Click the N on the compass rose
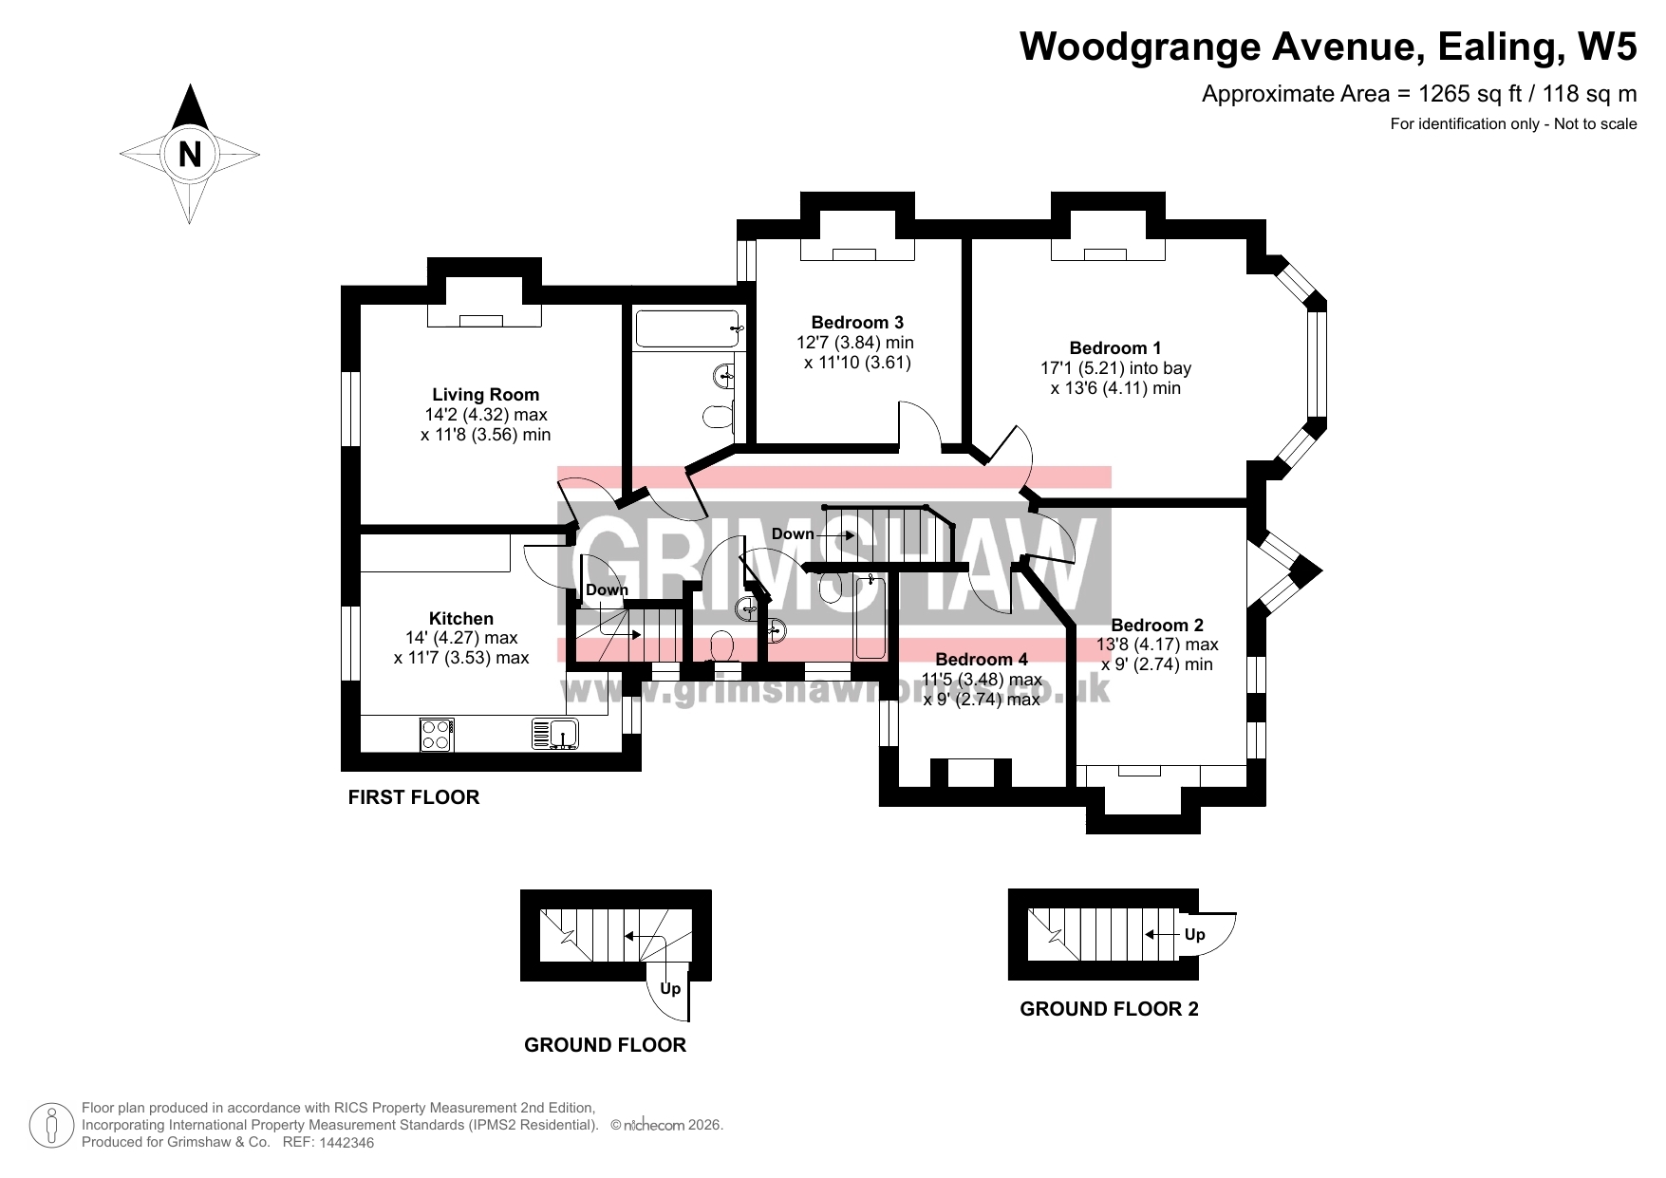pyautogui.click(x=190, y=154)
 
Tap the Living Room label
pyautogui.click(x=485, y=395)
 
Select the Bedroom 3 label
pyautogui.click(x=857, y=323)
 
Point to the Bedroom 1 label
pyautogui.click(x=1115, y=348)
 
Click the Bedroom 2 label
pyautogui.click(x=1157, y=625)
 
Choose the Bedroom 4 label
pyautogui.click(x=982, y=659)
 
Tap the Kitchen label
pyautogui.click(x=461, y=619)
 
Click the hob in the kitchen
pyautogui.click(x=437, y=734)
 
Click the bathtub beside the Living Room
pyautogui.click(x=688, y=329)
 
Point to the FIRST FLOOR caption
pyautogui.click(x=414, y=797)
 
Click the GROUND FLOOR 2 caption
pyautogui.click(x=1109, y=1009)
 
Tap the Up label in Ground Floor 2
pyautogui.click(x=1194, y=934)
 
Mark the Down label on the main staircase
pyautogui.click(x=793, y=533)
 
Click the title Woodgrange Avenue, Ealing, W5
pyautogui.click(x=1328, y=46)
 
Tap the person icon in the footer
pyautogui.click(x=52, y=1125)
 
